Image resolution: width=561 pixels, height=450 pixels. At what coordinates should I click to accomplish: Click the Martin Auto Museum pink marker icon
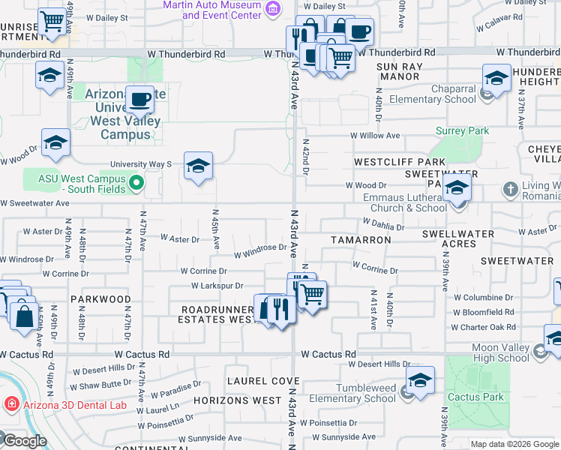(x=273, y=10)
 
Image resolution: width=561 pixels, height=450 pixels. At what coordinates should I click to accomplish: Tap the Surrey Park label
(x=463, y=130)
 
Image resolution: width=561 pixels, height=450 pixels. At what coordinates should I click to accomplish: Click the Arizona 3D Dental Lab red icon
(x=11, y=405)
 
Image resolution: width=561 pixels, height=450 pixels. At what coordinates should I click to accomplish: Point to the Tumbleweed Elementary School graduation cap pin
(x=420, y=380)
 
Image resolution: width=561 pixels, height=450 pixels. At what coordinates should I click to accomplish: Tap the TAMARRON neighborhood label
(x=361, y=240)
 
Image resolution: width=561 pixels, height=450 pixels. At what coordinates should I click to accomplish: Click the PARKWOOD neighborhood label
(x=101, y=298)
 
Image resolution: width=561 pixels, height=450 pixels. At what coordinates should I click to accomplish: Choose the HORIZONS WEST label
(x=237, y=400)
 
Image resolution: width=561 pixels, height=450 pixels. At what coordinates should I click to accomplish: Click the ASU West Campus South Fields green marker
(x=136, y=181)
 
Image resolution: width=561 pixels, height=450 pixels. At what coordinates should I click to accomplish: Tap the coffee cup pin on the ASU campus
(x=139, y=98)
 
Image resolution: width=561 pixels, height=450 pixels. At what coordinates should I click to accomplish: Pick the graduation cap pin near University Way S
(x=198, y=167)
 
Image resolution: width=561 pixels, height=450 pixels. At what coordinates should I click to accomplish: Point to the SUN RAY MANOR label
(x=409, y=71)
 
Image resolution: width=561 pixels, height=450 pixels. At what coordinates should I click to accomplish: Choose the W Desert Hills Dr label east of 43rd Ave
(x=381, y=364)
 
